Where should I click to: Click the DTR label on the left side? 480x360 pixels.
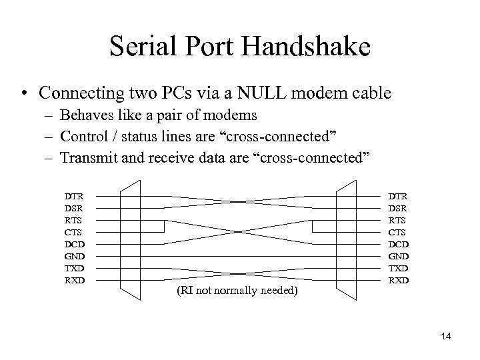[74, 197]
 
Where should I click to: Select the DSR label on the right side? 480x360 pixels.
[399, 208]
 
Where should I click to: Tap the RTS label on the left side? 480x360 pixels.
[74, 220]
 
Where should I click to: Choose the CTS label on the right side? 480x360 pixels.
[399, 232]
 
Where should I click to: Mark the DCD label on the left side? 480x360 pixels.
[75, 244]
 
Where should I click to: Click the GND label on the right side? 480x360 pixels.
[399, 256]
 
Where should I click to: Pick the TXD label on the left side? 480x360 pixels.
[75, 268]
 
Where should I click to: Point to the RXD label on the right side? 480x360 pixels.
[399, 280]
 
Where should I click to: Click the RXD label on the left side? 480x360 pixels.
[75, 280]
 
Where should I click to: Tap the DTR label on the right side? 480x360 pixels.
[399, 197]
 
